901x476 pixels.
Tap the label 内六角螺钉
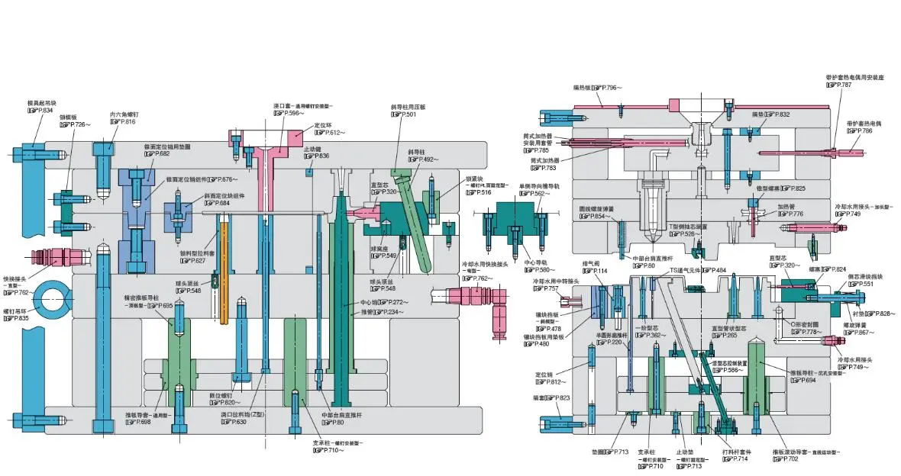[x=123, y=114]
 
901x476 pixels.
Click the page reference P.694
[x=799, y=380]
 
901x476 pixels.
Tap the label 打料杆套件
[x=737, y=452]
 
